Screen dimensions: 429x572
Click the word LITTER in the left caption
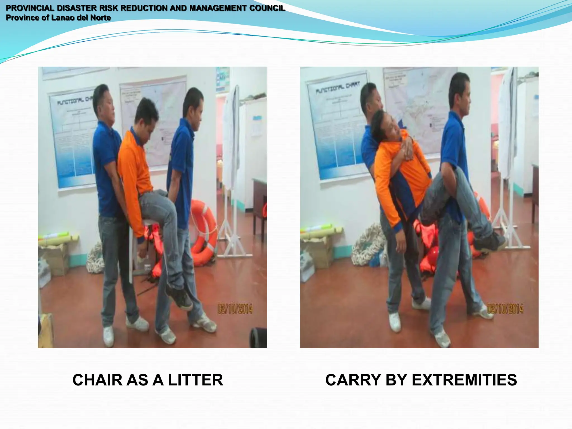195,380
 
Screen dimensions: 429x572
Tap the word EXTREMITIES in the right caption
464,380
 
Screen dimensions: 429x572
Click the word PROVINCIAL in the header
30,8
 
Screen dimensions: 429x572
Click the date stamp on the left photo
235,309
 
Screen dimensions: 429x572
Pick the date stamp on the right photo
505,309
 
